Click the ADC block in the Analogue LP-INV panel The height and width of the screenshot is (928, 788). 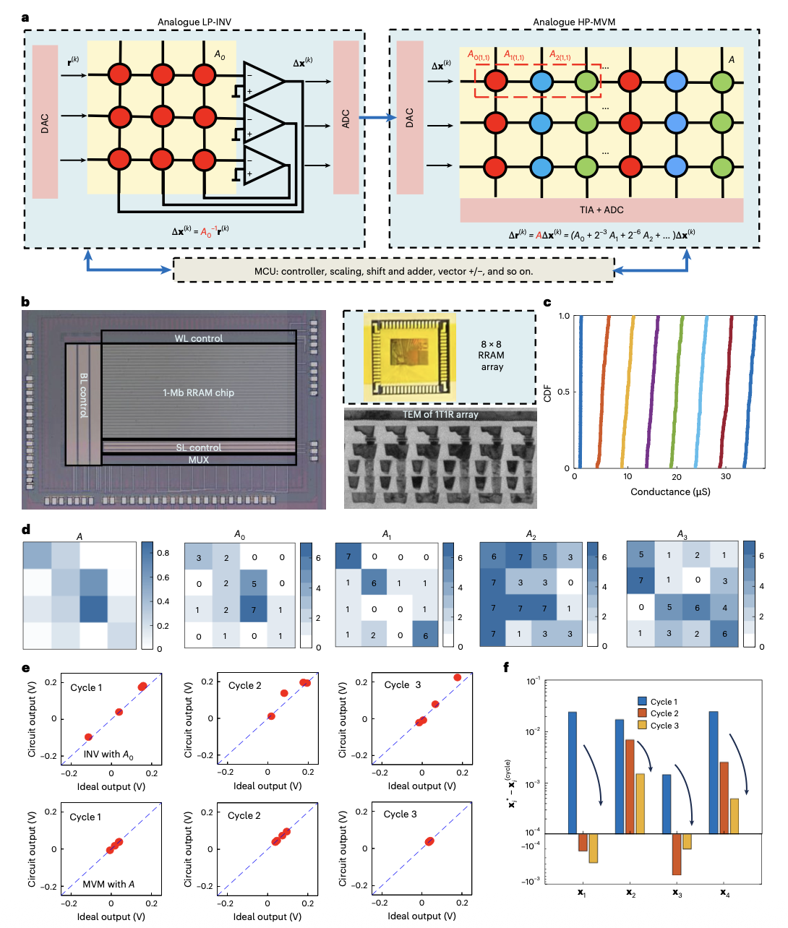pos(346,118)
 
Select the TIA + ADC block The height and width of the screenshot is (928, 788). pos(601,210)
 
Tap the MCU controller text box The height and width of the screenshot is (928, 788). pos(394,271)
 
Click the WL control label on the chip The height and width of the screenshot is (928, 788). pos(198,338)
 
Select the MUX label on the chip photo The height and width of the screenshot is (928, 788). pos(198,460)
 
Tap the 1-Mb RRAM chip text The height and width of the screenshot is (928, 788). pos(198,392)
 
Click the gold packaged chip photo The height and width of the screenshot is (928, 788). pos(410,357)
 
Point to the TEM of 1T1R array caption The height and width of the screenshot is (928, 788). pos(440,415)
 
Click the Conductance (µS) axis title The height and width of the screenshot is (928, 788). pos(670,492)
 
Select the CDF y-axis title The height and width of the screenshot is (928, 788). pos(548,392)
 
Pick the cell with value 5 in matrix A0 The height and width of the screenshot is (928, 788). pos(254,583)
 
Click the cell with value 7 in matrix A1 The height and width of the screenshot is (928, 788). pos(348,557)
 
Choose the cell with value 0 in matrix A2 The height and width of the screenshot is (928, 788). pos(570,582)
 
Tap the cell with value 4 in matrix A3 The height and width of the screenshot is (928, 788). pos(724,607)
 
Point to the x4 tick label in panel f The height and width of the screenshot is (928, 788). pos(724,893)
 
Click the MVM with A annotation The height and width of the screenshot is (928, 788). pos(108,884)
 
